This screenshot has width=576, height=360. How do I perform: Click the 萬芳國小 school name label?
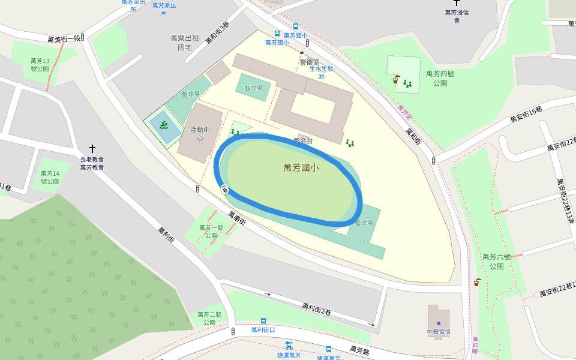tap(301, 168)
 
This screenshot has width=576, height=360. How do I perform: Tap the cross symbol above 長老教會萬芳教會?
tap(92, 148)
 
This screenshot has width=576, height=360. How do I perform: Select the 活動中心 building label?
tap(200, 134)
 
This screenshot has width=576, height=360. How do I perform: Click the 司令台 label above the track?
tap(303, 141)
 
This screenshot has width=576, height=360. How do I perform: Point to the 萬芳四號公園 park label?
tap(440, 78)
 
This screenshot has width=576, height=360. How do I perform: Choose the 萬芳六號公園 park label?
tap(496, 261)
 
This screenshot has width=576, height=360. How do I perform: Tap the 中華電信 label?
tap(439, 332)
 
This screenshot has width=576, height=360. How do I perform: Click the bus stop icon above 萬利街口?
tap(263, 321)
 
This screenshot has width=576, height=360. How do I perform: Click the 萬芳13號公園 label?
tap(40, 65)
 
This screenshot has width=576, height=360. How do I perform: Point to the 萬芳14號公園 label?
tap(50, 177)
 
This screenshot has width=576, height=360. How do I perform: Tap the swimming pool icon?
tap(163, 125)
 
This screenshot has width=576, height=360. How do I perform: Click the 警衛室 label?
tap(310, 62)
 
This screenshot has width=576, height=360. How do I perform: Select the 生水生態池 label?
tap(320, 73)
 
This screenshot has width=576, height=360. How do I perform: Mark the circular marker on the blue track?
tap(225, 190)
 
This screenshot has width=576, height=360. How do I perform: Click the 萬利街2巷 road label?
tap(316, 308)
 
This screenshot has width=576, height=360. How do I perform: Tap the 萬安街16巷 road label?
tap(526, 114)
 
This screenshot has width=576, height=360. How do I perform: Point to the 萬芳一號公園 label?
tap(211, 231)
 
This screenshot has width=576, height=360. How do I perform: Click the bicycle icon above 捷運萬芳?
tap(289, 345)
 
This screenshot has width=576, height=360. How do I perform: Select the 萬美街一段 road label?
tap(64, 39)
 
